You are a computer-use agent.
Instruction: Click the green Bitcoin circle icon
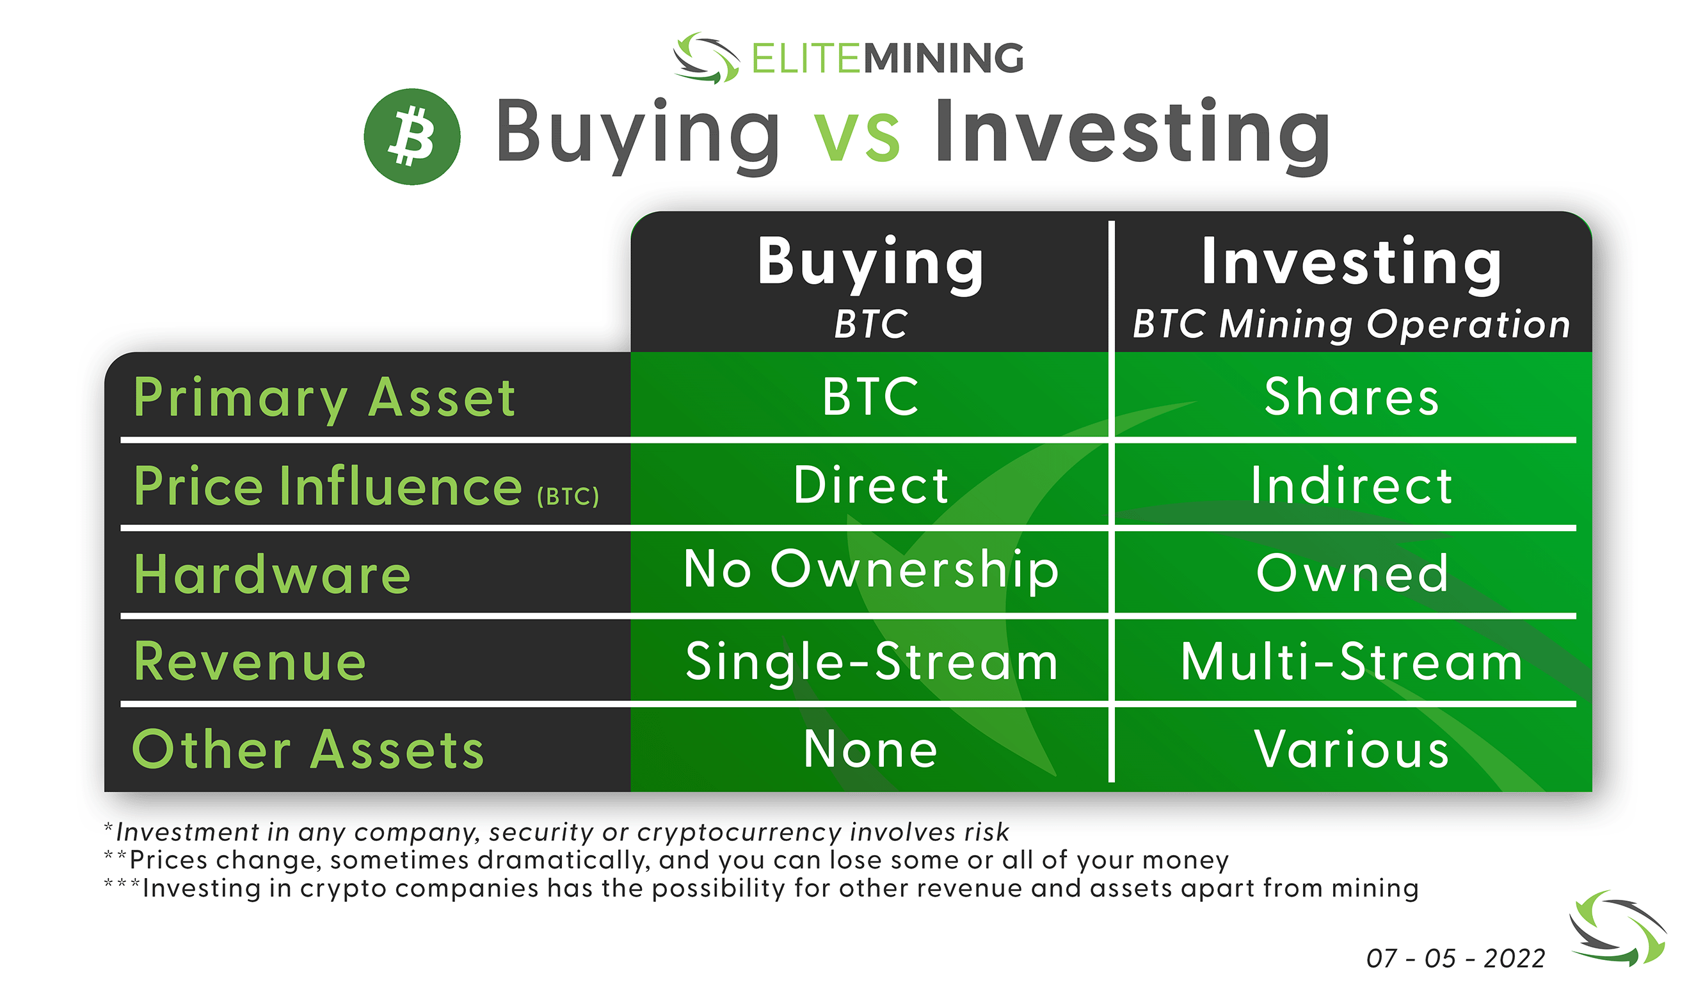412,136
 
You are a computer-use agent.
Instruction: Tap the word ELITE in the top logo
806,58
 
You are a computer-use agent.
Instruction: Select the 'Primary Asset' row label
324,399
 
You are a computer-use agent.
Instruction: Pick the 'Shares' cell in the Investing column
1352,397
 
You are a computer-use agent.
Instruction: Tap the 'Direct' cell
871,484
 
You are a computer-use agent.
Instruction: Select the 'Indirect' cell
1352,485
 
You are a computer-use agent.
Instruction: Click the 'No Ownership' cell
871,571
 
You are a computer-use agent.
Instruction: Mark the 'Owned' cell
1352,574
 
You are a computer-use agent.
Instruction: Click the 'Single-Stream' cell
872,663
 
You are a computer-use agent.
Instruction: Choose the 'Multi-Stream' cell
1352,662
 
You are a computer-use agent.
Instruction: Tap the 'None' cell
871,749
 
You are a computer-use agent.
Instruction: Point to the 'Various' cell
1352,749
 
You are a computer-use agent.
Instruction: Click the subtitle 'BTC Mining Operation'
1352,324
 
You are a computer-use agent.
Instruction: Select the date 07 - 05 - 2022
1456,958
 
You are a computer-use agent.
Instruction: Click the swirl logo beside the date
1618,929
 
